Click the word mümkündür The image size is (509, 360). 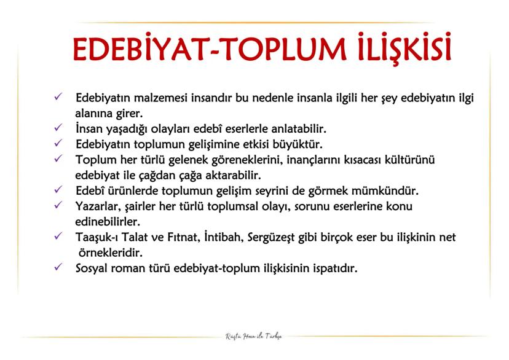pos(385,190)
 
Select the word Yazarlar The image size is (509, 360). pos(98,206)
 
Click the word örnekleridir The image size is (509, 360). pos(110,252)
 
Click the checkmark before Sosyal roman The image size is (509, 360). pos(58,267)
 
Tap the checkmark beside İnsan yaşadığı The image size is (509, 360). pos(58,128)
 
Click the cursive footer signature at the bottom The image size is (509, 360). pos(254,337)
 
